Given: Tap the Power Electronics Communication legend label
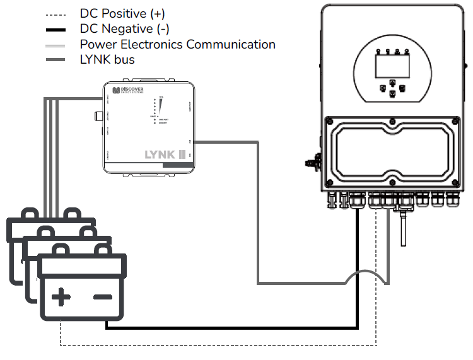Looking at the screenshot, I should pyautogui.click(x=177, y=45).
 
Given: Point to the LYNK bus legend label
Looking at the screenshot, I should pyautogui.click(x=107, y=60).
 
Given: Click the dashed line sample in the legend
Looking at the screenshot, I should pyautogui.click(x=57, y=13).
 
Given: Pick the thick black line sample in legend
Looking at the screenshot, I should pyautogui.click(x=57, y=29).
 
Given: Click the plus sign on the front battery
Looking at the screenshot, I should pyautogui.click(x=61, y=296).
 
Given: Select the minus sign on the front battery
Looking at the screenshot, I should pyautogui.click(x=102, y=296).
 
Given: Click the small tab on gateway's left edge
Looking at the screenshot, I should pyautogui.click(x=98, y=116).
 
